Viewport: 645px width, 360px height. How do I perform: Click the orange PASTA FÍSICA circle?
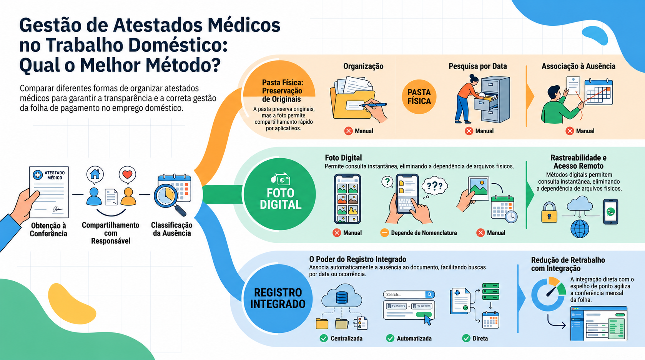point(419,97)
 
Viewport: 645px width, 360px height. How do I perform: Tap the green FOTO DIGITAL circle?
point(279,194)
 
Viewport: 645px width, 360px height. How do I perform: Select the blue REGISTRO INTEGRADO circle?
point(278,299)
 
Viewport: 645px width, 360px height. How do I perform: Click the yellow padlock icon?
point(549,212)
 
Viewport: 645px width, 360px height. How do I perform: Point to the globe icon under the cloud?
point(580,229)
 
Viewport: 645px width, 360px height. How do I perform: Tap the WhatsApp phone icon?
point(610,212)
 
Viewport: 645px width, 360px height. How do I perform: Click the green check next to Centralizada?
point(324,338)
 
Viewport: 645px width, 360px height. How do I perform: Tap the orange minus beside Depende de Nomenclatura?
point(384,232)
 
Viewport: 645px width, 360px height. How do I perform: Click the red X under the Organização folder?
point(348,131)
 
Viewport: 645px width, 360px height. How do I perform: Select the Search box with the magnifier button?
point(409,294)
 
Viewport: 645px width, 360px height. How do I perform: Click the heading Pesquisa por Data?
point(478,66)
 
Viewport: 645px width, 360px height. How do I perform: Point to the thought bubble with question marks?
point(434,186)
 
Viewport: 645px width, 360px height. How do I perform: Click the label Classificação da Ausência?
point(171,229)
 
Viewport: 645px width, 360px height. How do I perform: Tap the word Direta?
point(480,338)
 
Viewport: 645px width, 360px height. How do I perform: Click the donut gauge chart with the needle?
point(549,294)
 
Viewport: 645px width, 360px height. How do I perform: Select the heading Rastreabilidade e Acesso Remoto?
point(579,162)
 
